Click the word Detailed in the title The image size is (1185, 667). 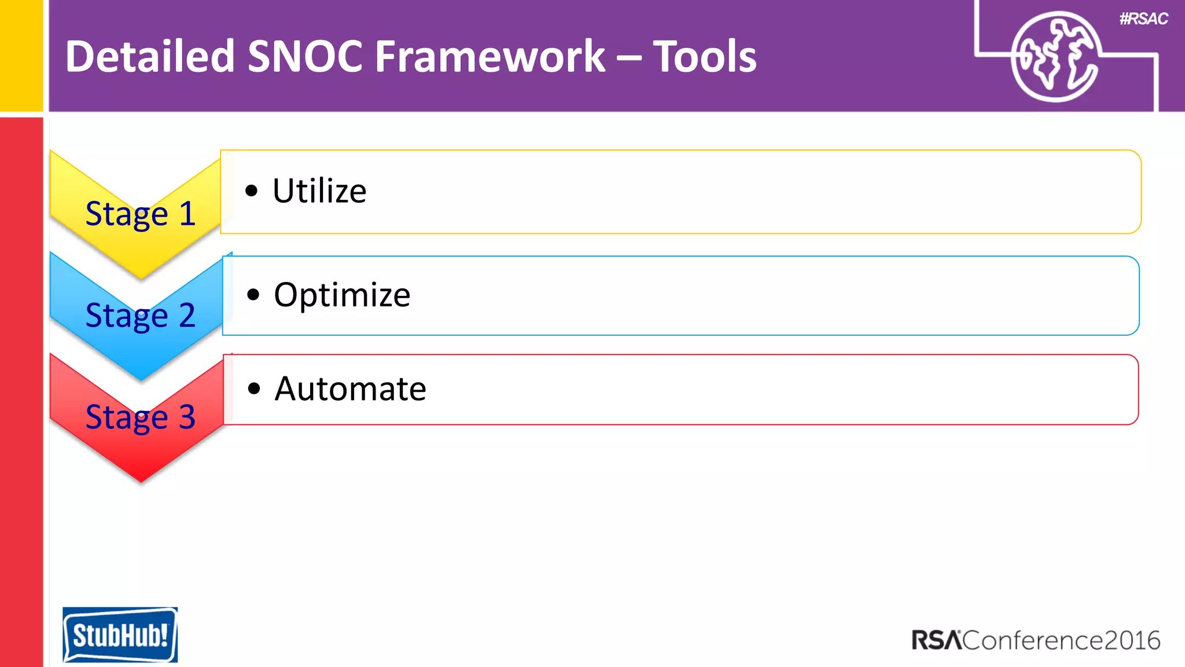pyautogui.click(x=149, y=57)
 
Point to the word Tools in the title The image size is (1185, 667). pyautogui.click(x=705, y=57)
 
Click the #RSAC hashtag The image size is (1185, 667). pyautogui.click(x=1143, y=19)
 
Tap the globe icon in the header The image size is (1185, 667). pyautogui.click(x=1054, y=57)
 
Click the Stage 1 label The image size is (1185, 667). pyautogui.click(x=141, y=214)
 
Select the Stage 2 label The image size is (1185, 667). pyautogui.click(x=141, y=316)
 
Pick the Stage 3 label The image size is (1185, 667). pyautogui.click(x=141, y=417)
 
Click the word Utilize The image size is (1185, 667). pyautogui.click(x=319, y=191)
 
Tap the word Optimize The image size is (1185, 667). pyautogui.click(x=342, y=295)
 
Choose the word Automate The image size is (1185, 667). pyautogui.click(x=350, y=389)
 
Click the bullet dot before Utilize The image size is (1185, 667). pyautogui.click(x=251, y=191)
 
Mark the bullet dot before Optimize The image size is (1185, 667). pyautogui.click(x=253, y=295)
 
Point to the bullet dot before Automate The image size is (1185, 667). pyautogui.click(x=253, y=389)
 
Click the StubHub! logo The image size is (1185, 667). pyautogui.click(x=120, y=635)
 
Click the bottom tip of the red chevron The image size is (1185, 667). pyautogui.click(x=141, y=479)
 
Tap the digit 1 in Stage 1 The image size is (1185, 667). pyautogui.click(x=187, y=214)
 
